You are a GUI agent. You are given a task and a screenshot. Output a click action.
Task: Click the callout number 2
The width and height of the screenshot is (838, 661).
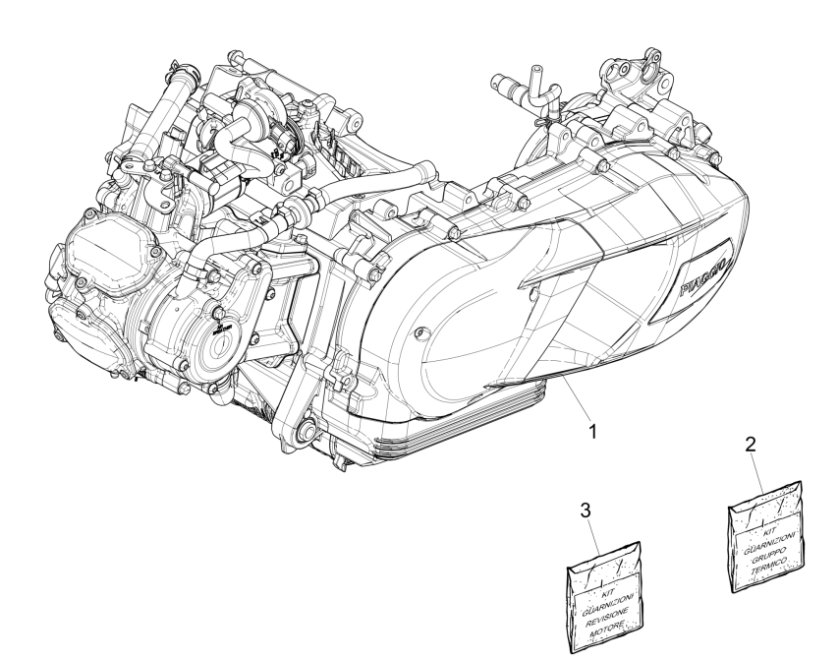[x=751, y=445]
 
